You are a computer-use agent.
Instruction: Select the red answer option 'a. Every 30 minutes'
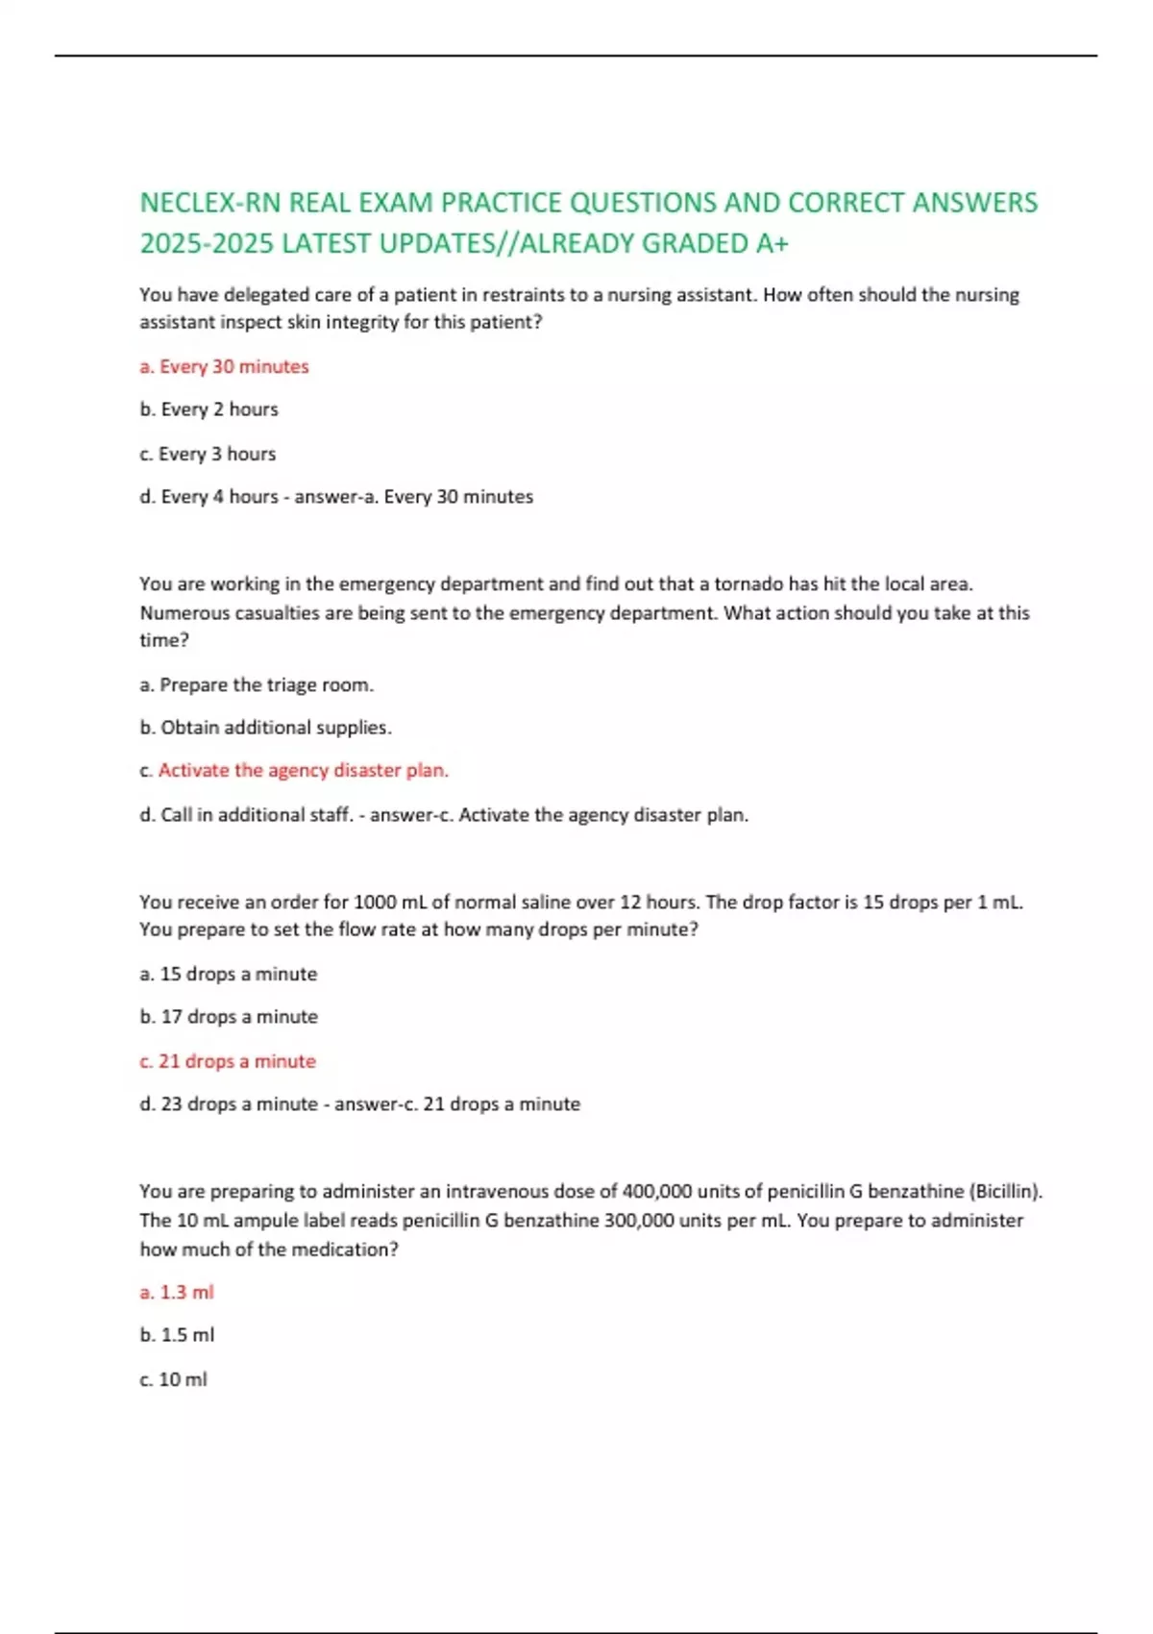224,366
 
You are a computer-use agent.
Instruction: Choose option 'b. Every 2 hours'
209,409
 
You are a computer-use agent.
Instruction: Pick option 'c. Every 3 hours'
208,454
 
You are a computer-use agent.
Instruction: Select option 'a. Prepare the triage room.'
257,685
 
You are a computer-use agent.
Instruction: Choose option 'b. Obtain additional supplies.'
265,728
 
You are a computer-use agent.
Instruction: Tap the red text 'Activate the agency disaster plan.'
303,771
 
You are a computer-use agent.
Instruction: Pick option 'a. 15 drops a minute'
228,974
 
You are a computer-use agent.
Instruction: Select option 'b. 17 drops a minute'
229,1017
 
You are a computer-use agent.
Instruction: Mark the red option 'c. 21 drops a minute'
228,1061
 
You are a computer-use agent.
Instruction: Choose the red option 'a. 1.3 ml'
177,1293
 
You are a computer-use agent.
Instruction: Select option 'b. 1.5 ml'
177,1335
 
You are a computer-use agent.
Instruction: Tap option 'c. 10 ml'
173,1379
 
